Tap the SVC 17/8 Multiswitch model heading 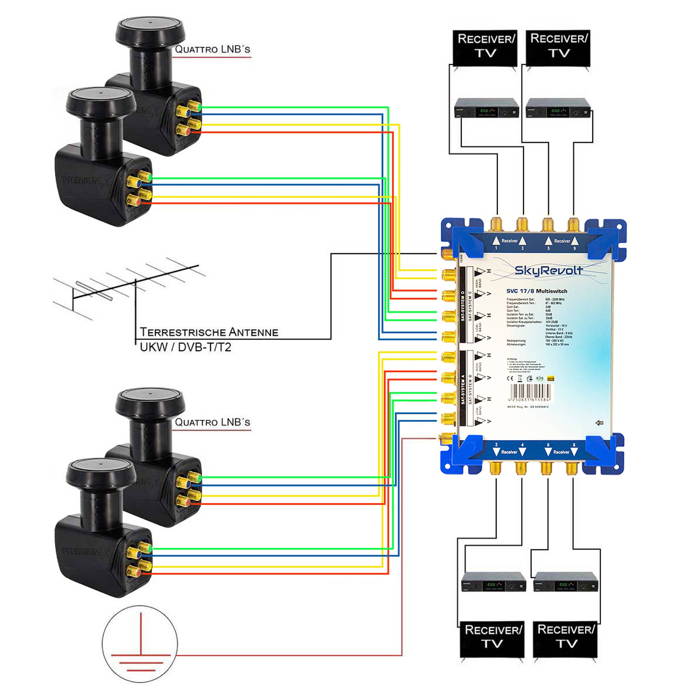click(x=536, y=291)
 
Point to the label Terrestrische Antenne click(x=209, y=332)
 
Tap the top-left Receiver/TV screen click(x=485, y=47)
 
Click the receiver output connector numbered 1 click(x=496, y=224)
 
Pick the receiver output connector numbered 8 click(x=572, y=469)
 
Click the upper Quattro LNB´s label click(x=213, y=50)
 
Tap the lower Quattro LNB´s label click(x=213, y=422)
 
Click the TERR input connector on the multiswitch click(x=447, y=254)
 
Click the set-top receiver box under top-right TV click(x=558, y=107)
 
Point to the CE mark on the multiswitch click(x=510, y=379)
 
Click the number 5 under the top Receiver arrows click(x=548, y=248)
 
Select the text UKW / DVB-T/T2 click(x=185, y=347)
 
